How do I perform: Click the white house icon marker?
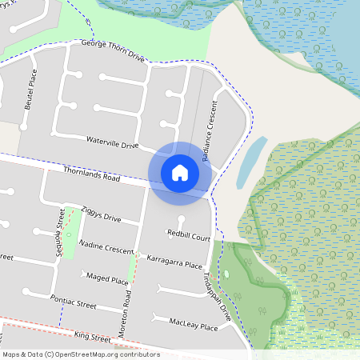pyautogui.click(x=180, y=172)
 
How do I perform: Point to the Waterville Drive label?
pyautogui.click(x=112, y=142)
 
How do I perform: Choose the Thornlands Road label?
pyautogui.click(x=90, y=173)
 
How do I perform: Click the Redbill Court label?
pyautogui.click(x=189, y=236)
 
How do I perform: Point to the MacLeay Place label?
pyautogui.click(x=194, y=325)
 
